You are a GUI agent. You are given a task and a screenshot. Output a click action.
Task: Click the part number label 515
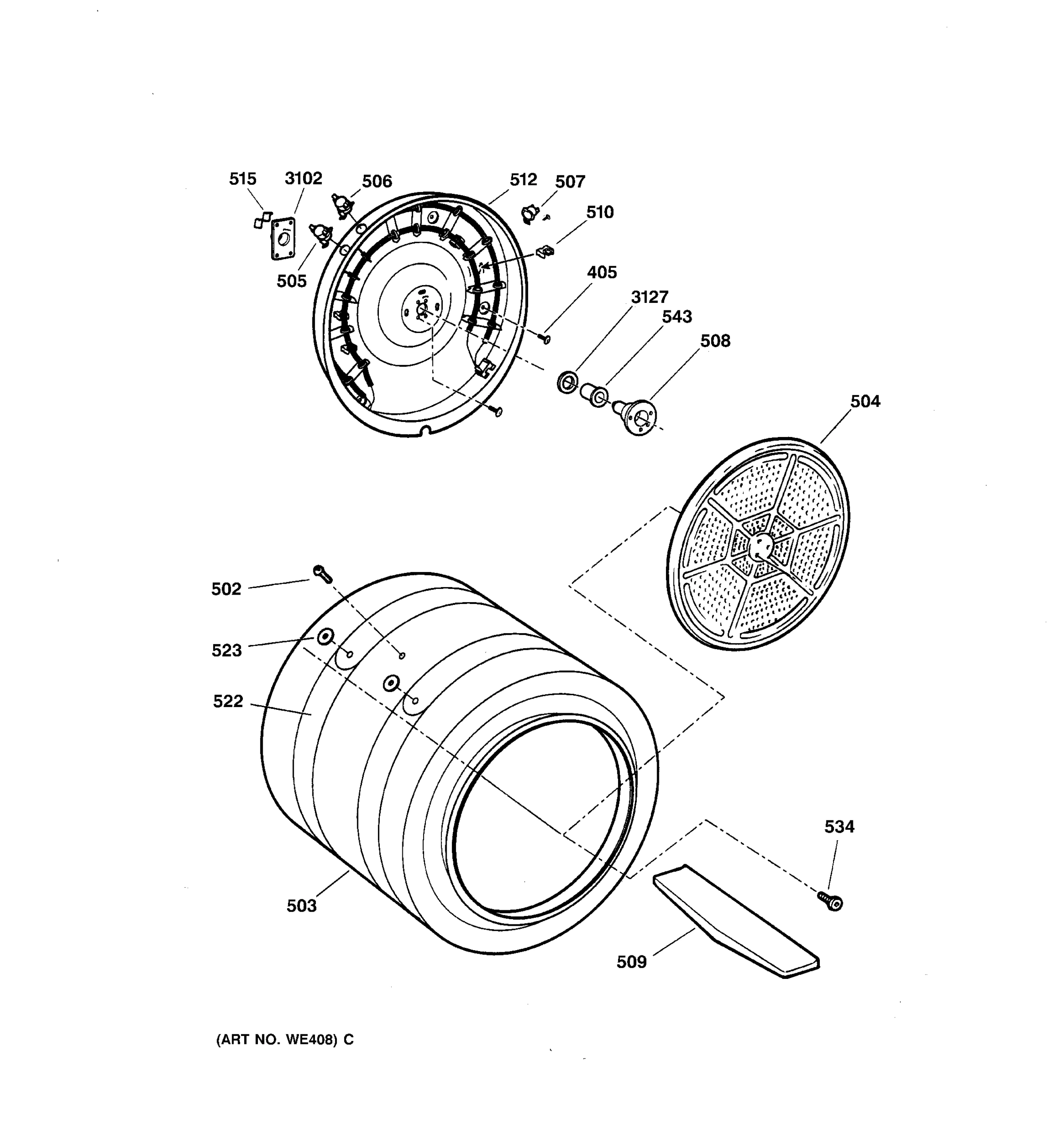[x=242, y=179]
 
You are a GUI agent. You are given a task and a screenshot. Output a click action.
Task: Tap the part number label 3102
[x=304, y=179]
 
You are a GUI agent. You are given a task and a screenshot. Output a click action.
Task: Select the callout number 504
[x=865, y=402]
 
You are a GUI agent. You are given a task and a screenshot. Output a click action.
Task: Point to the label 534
[x=839, y=827]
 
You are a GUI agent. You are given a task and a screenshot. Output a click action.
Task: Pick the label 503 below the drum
[x=301, y=906]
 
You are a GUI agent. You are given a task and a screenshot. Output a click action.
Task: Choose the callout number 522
[x=228, y=702]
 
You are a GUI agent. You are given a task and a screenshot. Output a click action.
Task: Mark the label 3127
[x=650, y=297]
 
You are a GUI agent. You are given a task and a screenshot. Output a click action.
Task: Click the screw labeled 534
[x=831, y=901]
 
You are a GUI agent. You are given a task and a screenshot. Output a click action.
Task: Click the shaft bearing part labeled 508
[x=636, y=417]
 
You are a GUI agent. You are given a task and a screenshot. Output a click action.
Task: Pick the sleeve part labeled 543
[x=593, y=394]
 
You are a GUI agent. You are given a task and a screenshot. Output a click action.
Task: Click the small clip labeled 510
[x=545, y=250]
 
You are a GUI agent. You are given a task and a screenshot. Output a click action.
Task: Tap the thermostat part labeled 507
[x=530, y=214]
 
